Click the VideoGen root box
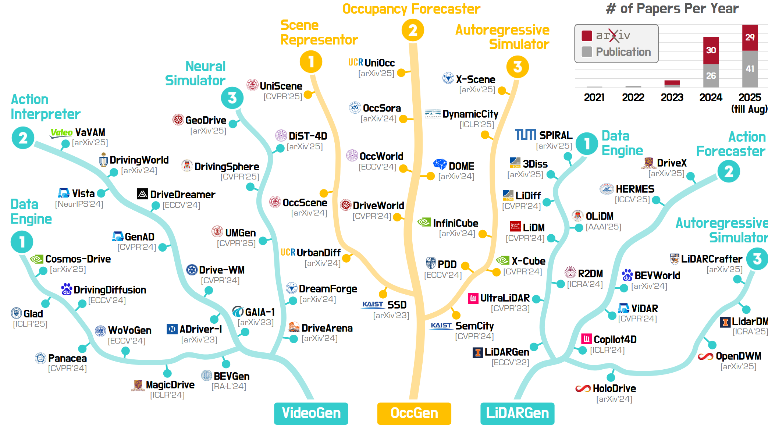311,413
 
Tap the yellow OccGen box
414,413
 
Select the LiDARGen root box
517,413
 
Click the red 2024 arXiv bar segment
711,50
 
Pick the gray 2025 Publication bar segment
750,69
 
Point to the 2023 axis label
672,97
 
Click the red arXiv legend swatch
587,36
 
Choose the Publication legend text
623,52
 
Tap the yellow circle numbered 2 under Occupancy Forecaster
413,30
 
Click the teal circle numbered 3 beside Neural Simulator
232,98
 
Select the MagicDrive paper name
170,385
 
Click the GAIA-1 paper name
260,312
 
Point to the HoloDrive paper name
614,388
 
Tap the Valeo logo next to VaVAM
61,133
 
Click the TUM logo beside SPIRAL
525,135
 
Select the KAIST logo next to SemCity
441,326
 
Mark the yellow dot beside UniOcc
401,73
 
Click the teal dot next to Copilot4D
583,350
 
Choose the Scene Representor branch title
319,32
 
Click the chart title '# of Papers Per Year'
672,8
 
